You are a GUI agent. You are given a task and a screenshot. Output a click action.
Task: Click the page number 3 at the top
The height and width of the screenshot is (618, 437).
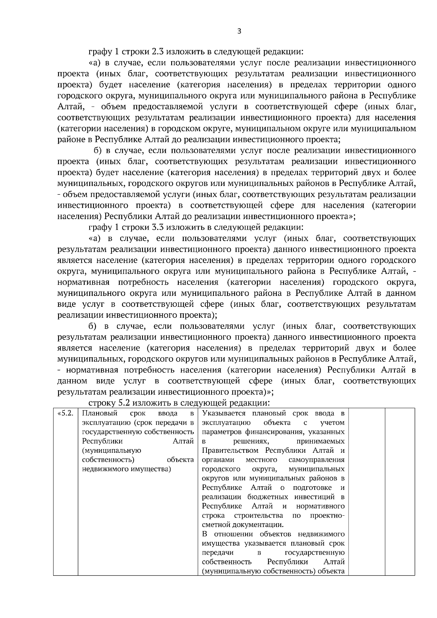pos(239,31)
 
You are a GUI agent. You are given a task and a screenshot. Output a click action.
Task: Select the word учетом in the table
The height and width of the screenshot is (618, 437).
pos(332,423)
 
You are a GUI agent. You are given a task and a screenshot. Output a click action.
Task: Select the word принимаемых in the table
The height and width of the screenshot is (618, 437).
pos(320,441)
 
